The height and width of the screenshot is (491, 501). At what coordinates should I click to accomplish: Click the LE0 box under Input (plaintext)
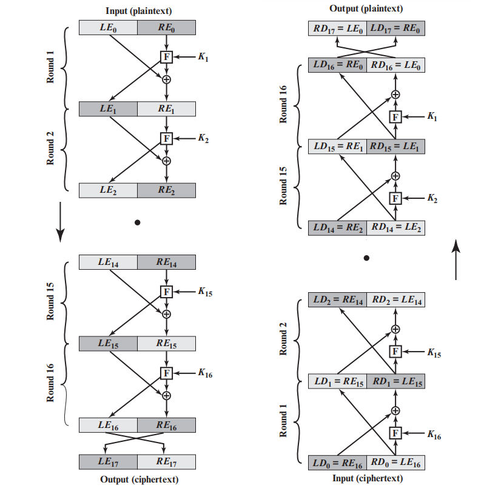[x=108, y=27]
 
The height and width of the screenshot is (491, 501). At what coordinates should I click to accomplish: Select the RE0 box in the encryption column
[x=166, y=27]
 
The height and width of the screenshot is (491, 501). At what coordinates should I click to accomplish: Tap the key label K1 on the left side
[x=203, y=56]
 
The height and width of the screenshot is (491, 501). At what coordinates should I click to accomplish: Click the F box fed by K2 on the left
[x=166, y=139]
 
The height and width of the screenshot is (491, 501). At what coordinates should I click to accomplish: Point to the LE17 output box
[x=108, y=462]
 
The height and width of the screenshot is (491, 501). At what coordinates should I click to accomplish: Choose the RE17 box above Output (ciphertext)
[x=166, y=462]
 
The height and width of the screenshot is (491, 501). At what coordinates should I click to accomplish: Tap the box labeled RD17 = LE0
[x=337, y=27]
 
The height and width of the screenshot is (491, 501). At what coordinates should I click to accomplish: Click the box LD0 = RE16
[x=337, y=464]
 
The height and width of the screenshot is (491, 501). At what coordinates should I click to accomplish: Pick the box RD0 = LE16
[x=395, y=464]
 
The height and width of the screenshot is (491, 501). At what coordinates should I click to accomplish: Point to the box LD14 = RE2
[x=337, y=228]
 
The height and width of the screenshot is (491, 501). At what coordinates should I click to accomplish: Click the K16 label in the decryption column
[x=434, y=433]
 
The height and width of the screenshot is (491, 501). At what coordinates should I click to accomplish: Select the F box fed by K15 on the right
[x=395, y=351]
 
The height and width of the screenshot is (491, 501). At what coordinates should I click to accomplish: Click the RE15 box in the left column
[x=166, y=344]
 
